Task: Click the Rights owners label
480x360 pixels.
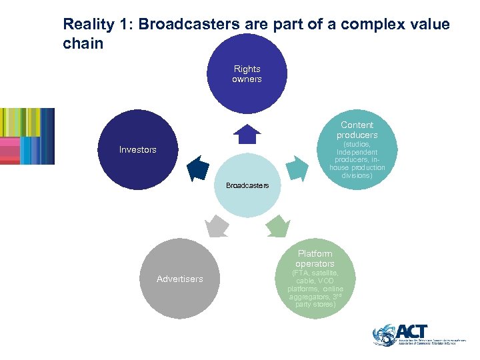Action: click(x=247, y=74)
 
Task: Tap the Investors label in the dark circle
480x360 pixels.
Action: click(x=137, y=149)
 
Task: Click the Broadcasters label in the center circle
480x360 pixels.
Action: click(x=247, y=185)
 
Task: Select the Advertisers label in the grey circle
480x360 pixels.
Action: click(x=179, y=279)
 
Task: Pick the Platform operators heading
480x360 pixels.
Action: click(x=315, y=259)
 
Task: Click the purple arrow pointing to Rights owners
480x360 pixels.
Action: click(x=247, y=135)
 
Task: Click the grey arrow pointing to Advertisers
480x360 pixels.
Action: click(x=217, y=227)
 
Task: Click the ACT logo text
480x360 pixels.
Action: click(x=412, y=331)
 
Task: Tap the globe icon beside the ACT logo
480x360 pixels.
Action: click(x=384, y=335)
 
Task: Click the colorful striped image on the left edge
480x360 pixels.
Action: click(x=27, y=136)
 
